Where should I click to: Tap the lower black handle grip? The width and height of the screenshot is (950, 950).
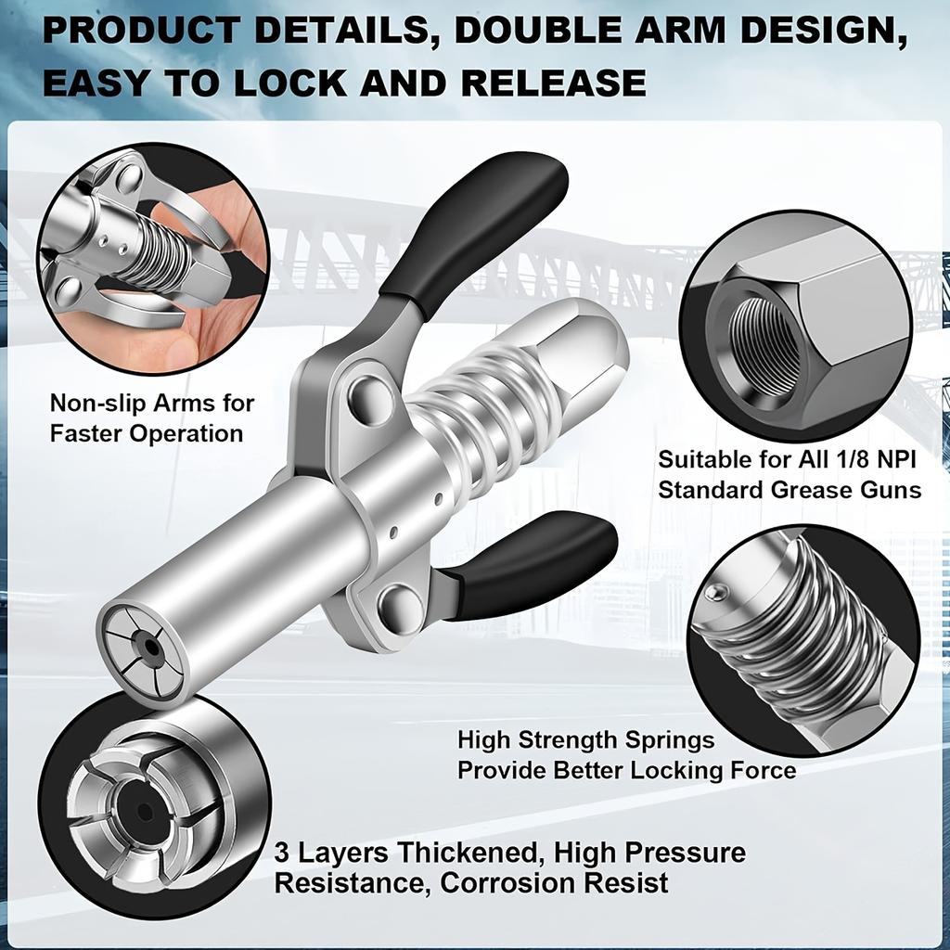tap(538, 562)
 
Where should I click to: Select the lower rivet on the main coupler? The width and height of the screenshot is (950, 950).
tap(401, 608)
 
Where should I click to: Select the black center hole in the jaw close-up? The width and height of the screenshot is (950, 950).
tap(144, 813)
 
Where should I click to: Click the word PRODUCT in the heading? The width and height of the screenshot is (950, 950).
tap(140, 32)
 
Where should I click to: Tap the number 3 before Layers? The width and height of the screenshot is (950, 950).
tap(282, 852)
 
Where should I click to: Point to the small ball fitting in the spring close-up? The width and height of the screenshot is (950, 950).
tap(712, 592)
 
